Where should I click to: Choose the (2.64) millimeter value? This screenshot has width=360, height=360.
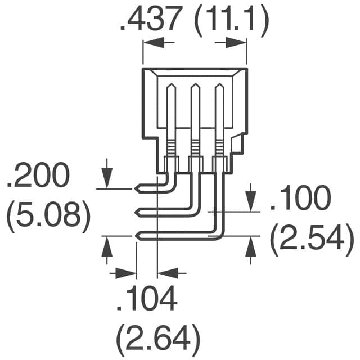[158, 337]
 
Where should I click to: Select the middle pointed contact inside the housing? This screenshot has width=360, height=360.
[195, 90]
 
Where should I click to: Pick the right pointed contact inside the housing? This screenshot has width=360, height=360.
[219, 90]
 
